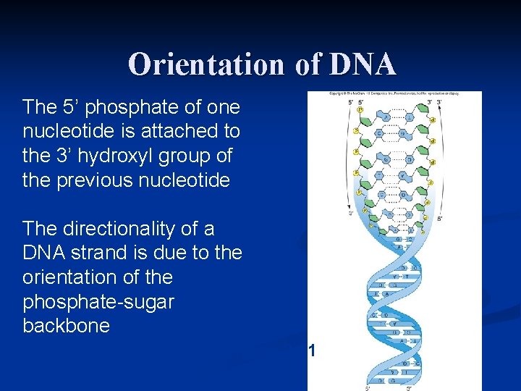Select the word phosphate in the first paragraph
pyautogui.click(x=116, y=107)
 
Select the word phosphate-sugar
pyautogui.click(x=98, y=302)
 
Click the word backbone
pyautogui.click(x=66, y=326)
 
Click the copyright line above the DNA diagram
pyautogui.click(x=394, y=95)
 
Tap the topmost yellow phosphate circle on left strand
pyautogui.click(x=356, y=111)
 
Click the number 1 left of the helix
pyautogui.click(x=311, y=352)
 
